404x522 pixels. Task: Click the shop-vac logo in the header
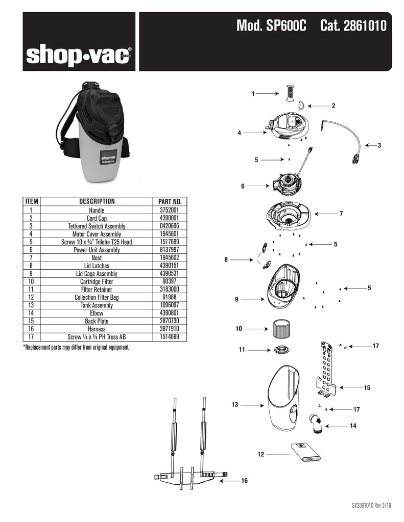[x=79, y=56]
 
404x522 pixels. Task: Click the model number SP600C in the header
[x=286, y=25]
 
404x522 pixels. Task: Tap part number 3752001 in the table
[x=170, y=210]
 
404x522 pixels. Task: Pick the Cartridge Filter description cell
[x=97, y=281]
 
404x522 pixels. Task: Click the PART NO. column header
[x=170, y=201]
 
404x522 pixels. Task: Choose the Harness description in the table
[x=97, y=329]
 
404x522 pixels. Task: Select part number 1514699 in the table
[x=170, y=336]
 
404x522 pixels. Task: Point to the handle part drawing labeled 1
[x=290, y=94]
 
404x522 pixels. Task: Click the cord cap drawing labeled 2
[x=301, y=105]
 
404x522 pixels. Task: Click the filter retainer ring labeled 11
[x=281, y=350]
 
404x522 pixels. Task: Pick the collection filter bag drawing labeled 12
[x=305, y=452]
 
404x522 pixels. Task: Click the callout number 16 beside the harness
[x=244, y=480]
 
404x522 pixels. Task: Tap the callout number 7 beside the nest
[x=341, y=214]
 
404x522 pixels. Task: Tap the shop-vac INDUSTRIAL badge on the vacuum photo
[x=108, y=157]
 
